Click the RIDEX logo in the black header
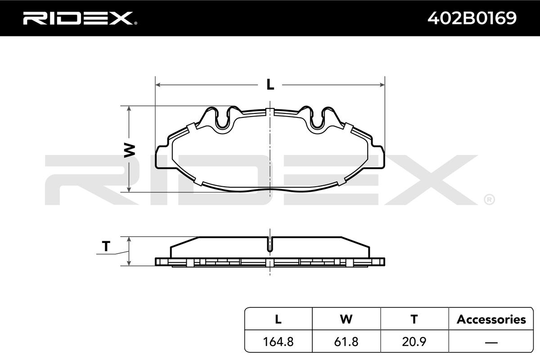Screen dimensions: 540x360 pos(80,18)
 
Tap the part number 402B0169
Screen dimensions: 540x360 pos(472,18)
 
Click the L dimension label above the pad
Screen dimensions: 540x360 pos(270,85)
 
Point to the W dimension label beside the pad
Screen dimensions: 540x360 pos(130,150)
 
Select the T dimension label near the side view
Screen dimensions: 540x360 pos(106,246)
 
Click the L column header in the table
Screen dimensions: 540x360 pos(278,319)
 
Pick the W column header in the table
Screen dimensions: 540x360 pos(346,319)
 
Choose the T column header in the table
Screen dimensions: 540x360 pos(414,319)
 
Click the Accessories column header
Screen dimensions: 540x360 pos(491,319)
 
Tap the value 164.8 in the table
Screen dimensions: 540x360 pos(278,342)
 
